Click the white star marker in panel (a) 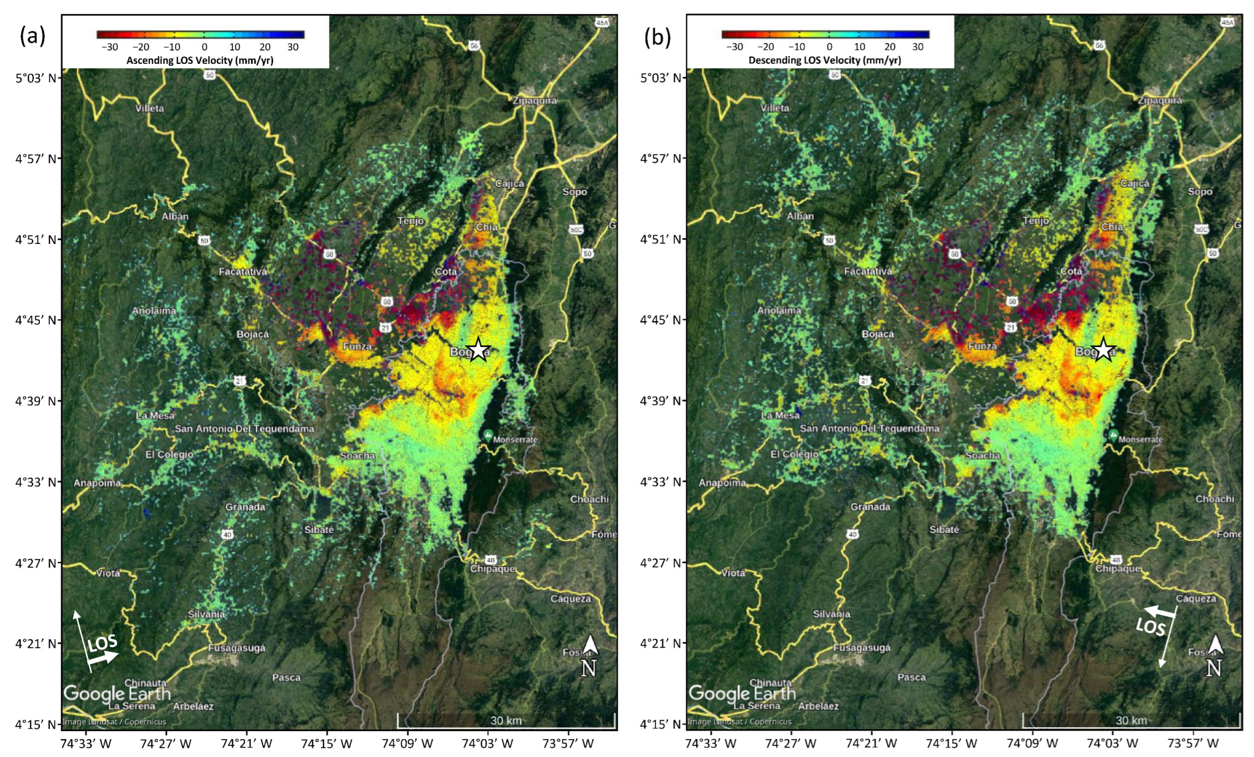(x=478, y=350)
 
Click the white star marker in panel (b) (x=1103, y=350)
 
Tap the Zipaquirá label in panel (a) (x=534, y=100)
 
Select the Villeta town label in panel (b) (x=775, y=108)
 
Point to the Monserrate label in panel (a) (x=515, y=439)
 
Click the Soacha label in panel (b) (x=983, y=455)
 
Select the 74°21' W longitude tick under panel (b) (x=871, y=743)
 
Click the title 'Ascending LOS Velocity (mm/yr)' (x=200, y=60)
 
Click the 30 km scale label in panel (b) (x=1131, y=720)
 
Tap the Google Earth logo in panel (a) (x=117, y=693)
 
